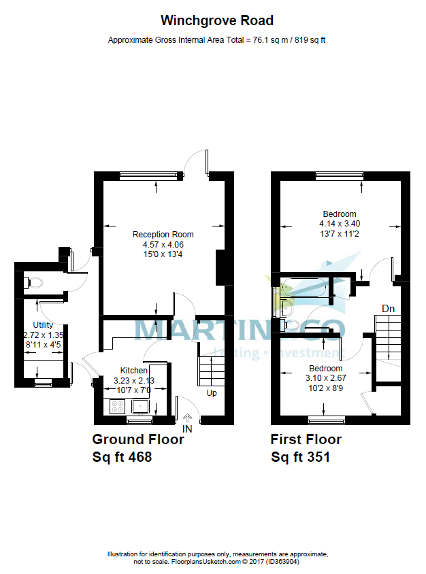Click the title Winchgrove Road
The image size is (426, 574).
click(x=217, y=21)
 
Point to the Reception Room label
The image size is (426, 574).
click(x=159, y=235)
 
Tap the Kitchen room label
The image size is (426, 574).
click(x=133, y=371)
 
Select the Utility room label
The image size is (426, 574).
click(x=44, y=325)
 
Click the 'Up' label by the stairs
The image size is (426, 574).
click(x=212, y=394)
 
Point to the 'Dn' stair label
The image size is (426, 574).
click(x=388, y=309)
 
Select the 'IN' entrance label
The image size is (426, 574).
click(x=188, y=429)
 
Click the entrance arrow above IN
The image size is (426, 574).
click(x=188, y=418)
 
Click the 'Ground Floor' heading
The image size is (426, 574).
click(x=138, y=439)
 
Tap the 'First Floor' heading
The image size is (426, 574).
click(x=306, y=439)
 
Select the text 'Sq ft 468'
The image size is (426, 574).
click(x=122, y=457)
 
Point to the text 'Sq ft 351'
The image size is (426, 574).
click(x=300, y=457)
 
